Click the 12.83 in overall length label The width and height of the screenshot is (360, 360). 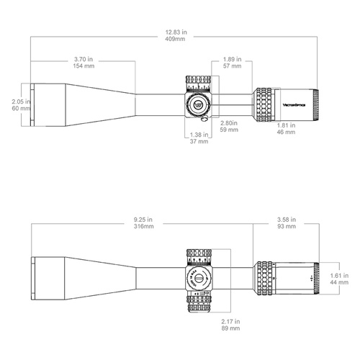click(174, 32)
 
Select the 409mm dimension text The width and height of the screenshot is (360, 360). click(174, 40)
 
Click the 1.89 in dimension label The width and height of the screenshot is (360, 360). click(232, 58)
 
